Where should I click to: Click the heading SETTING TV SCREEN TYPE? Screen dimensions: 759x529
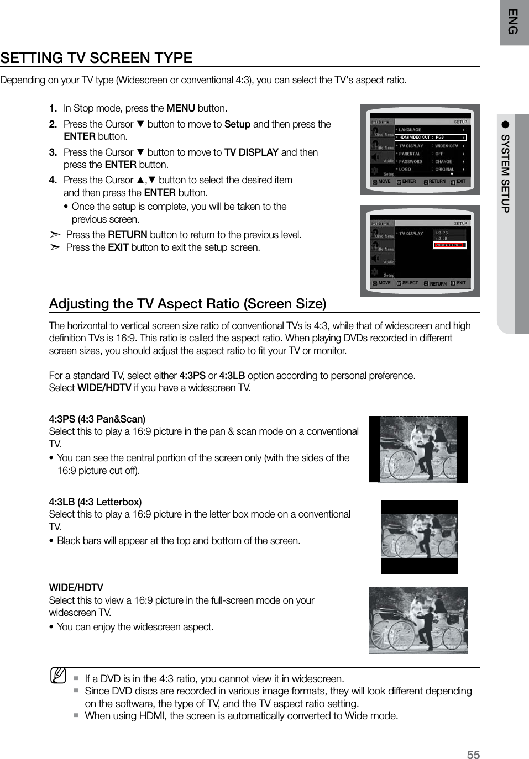click(x=96, y=58)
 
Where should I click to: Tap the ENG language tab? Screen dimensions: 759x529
click(x=514, y=22)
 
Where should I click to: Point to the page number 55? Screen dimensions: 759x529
click(x=473, y=755)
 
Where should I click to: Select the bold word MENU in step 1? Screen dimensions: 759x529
click(x=181, y=108)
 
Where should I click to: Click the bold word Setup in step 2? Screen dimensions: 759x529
click(x=237, y=124)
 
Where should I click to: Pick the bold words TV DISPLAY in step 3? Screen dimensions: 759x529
click(x=251, y=152)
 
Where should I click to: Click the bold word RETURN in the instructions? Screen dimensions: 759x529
click(x=127, y=235)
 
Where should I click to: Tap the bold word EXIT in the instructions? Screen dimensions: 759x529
click(x=118, y=247)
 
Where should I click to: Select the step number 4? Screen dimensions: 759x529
click(x=53, y=180)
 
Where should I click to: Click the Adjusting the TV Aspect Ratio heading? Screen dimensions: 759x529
click(x=187, y=304)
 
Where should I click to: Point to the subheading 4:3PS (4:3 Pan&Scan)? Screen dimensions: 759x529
click(x=97, y=419)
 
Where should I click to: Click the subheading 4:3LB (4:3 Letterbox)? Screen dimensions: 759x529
click(x=95, y=502)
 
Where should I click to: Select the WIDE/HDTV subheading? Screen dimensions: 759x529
click(x=76, y=588)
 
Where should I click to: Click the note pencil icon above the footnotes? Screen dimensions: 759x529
click(x=58, y=675)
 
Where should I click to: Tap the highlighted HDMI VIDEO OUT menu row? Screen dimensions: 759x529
click(x=431, y=138)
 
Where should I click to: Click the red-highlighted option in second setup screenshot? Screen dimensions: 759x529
click(x=449, y=245)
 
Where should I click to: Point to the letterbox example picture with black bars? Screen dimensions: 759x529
click(x=419, y=536)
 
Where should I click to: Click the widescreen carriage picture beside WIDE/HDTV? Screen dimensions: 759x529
click(x=418, y=620)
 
